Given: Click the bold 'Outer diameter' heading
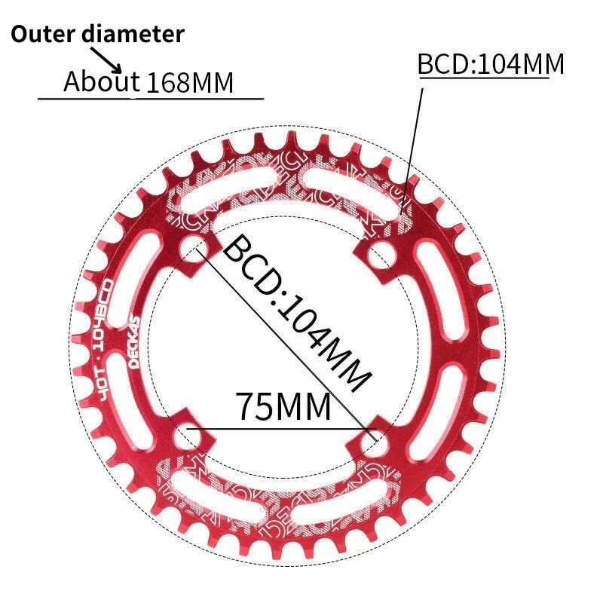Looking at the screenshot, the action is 97,35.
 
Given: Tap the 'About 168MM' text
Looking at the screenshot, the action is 148,81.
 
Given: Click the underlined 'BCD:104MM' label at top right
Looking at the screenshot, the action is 491,65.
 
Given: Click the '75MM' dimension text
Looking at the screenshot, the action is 283,407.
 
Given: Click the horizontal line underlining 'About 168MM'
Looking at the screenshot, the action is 151,99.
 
